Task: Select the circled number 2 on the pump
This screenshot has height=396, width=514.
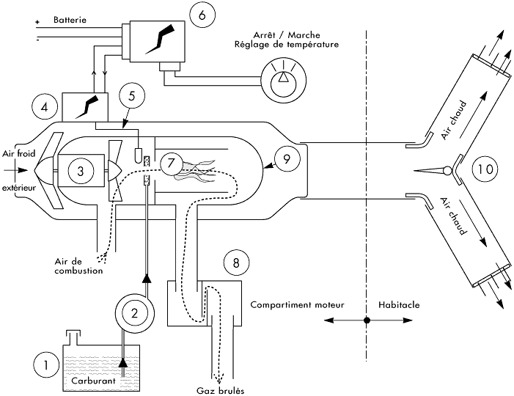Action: (x=135, y=312)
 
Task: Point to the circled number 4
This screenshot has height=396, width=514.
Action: (x=45, y=107)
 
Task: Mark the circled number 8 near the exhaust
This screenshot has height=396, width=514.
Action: (x=235, y=263)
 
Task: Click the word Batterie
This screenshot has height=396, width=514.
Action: (x=70, y=21)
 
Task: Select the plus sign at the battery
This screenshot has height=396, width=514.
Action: (x=37, y=22)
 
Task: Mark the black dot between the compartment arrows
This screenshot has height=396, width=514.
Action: (x=367, y=320)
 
